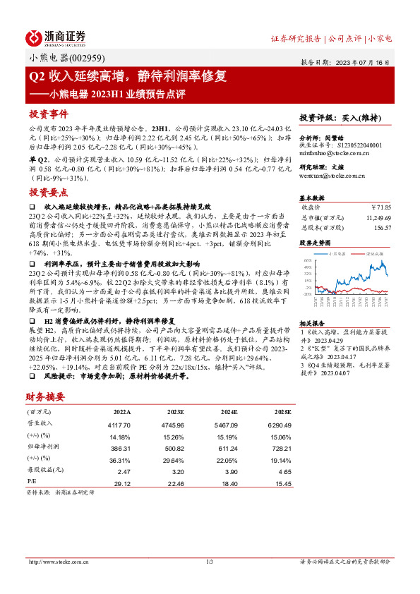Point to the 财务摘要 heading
[46, 397]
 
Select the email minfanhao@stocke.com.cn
[330, 152]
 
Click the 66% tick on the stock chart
[307, 260]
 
